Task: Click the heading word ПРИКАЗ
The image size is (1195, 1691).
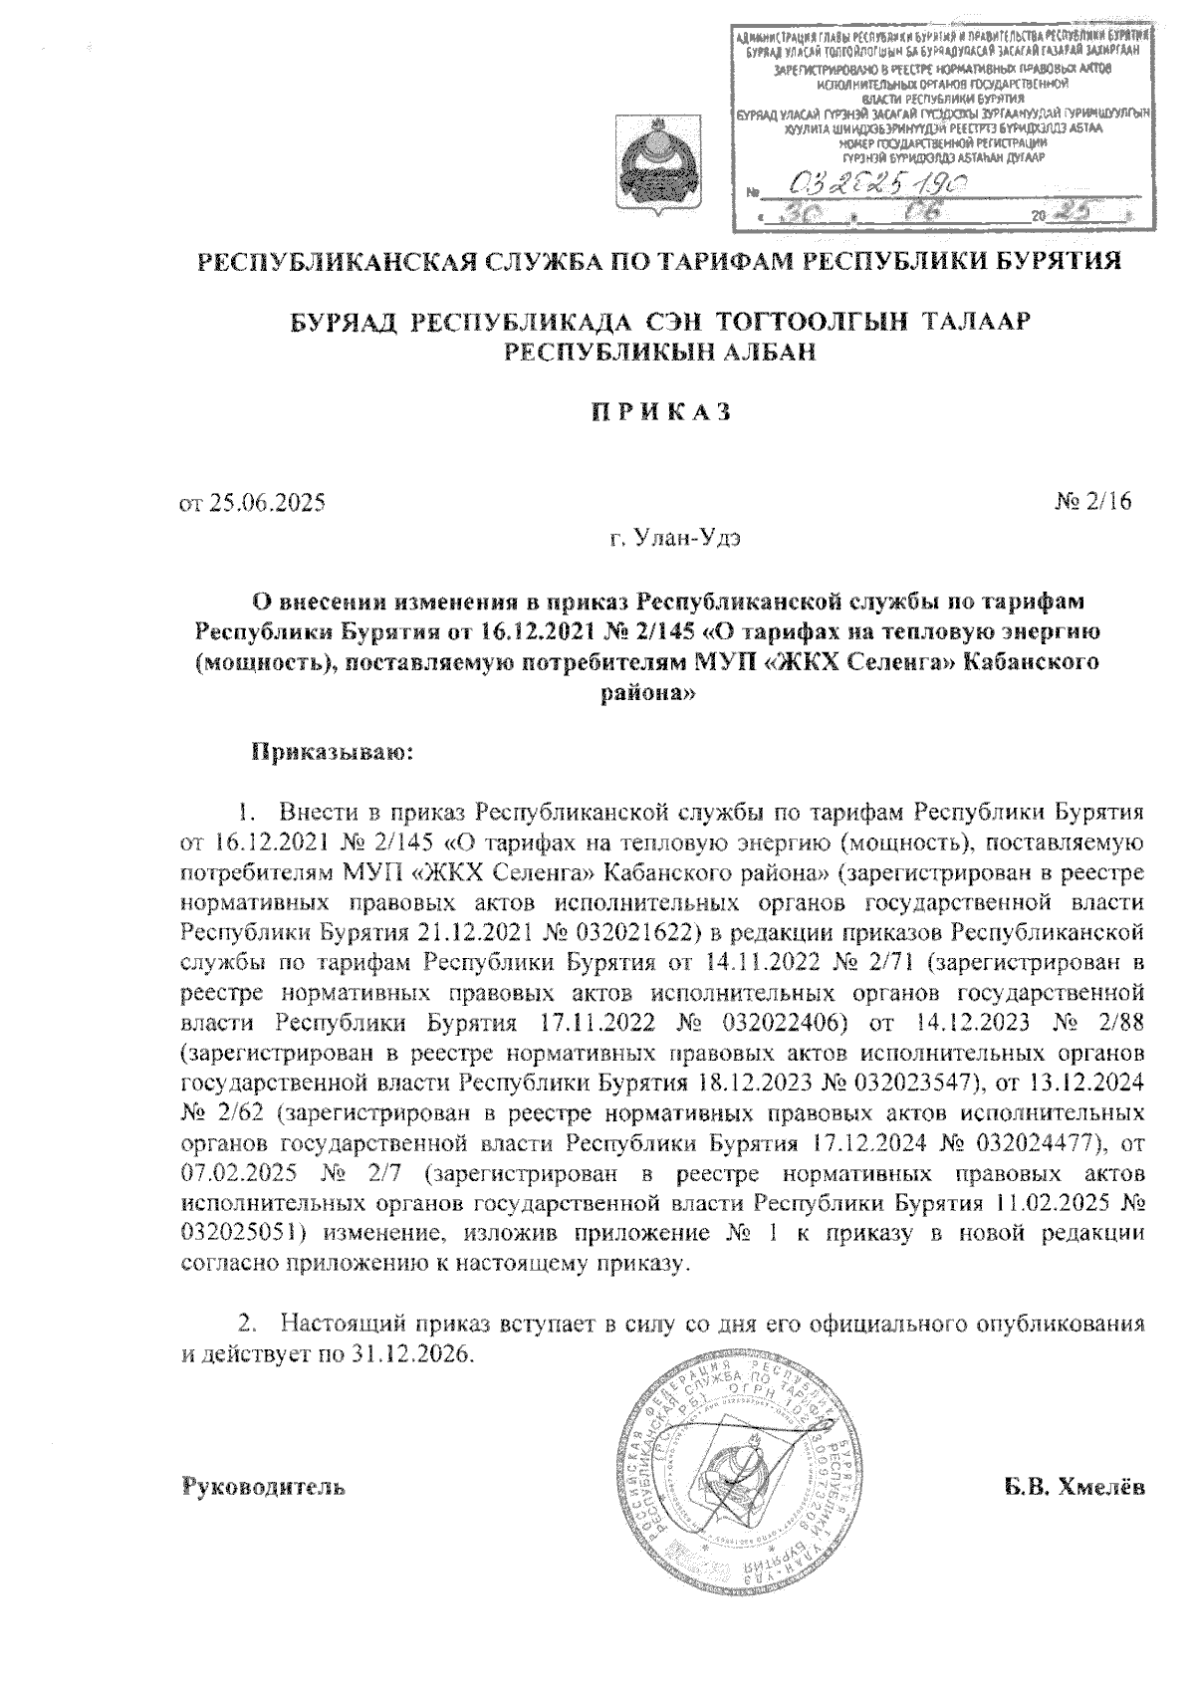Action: tap(656, 411)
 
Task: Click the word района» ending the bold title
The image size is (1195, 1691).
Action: tap(647, 698)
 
